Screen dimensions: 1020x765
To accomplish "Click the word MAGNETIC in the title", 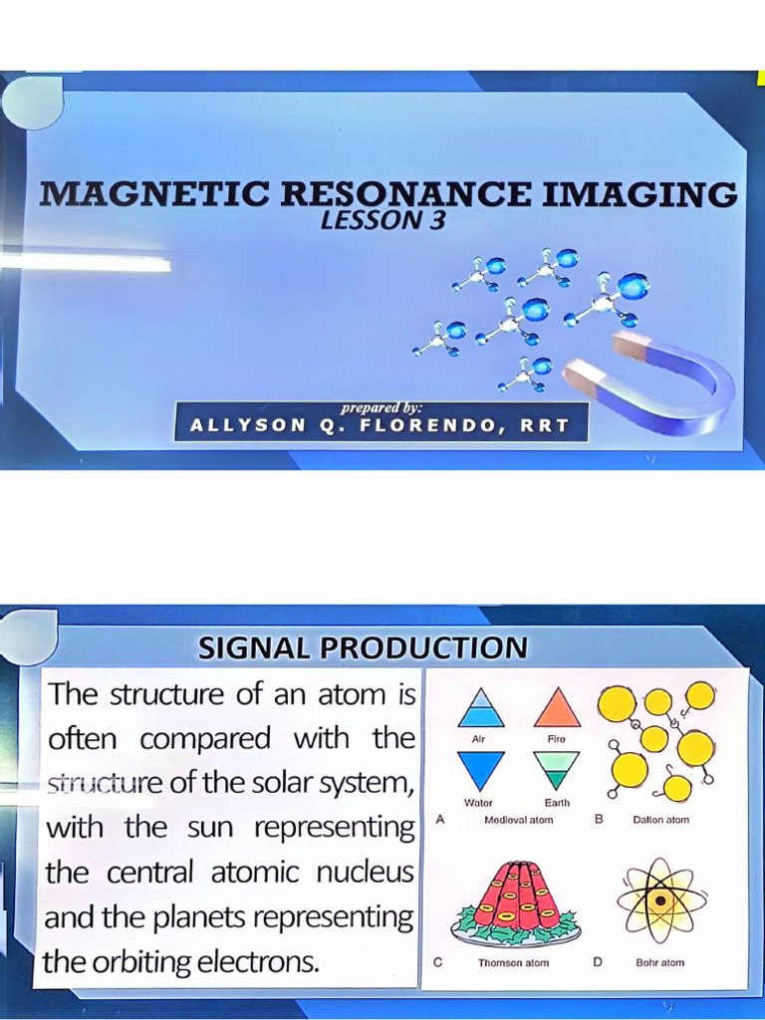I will [153, 193].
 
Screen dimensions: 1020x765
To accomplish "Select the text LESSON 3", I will [382, 220].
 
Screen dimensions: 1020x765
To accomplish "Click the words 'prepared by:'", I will [382, 407].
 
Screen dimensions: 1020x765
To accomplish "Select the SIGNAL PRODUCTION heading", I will [363, 648].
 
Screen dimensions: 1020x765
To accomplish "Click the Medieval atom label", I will [518, 820].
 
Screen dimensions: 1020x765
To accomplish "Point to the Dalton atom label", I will [660, 820].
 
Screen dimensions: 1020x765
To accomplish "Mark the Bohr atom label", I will [659, 963].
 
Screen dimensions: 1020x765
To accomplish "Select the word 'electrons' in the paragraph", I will [260, 962].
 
